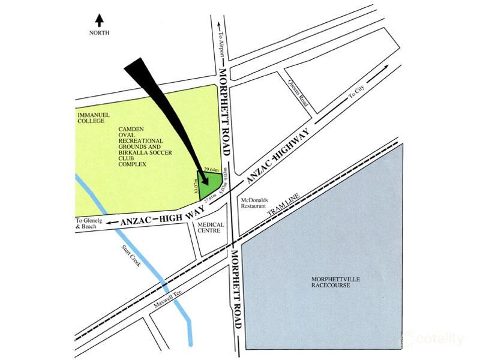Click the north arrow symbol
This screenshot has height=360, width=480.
[x=99, y=20]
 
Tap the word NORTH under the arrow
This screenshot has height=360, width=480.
[x=100, y=33]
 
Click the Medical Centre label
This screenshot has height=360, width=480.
[x=211, y=229]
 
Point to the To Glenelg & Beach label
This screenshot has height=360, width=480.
[x=87, y=223]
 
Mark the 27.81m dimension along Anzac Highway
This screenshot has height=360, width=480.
[x=210, y=199]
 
